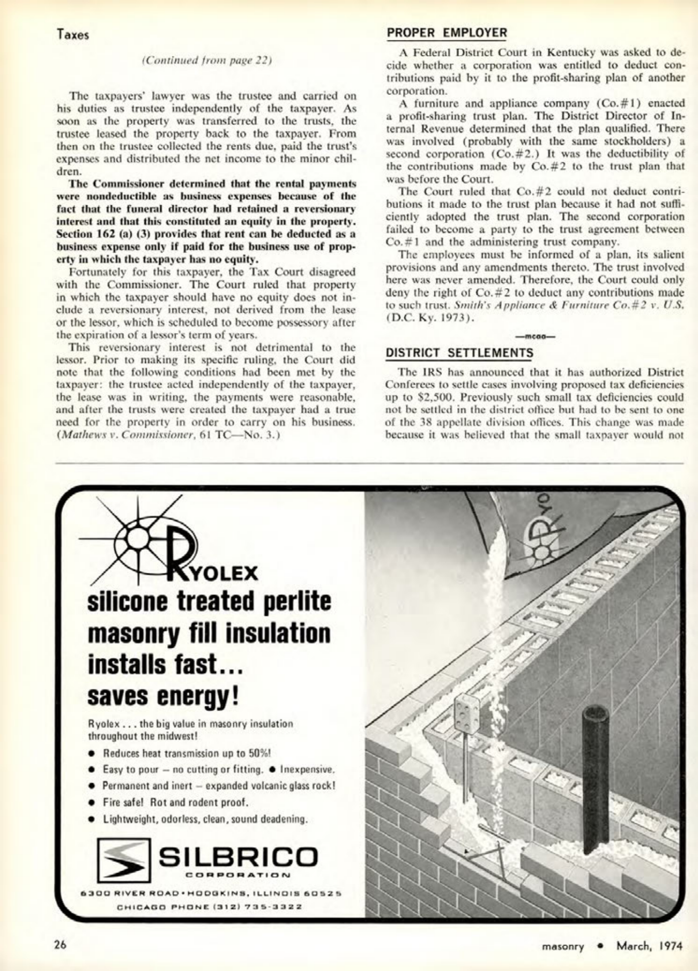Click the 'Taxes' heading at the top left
pyautogui.click(x=72, y=34)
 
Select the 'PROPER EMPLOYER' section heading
pyautogui.click(x=447, y=33)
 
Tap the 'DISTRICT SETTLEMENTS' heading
pyautogui.click(x=460, y=353)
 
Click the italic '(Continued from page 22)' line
pyautogui.click(x=207, y=60)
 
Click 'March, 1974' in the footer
pyautogui.click(x=649, y=946)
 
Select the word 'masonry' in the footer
pyautogui.click(x=563, y=946)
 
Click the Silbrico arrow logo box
pyautogui.click(x=123, y=860)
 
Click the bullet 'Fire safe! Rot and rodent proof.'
pyautogui.click(x=175, y=803)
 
